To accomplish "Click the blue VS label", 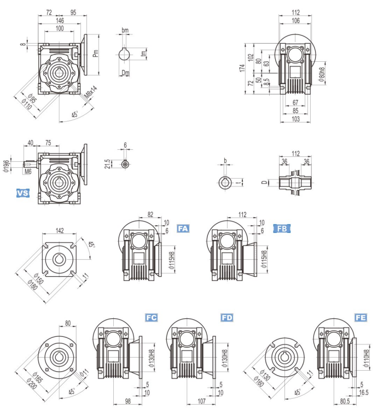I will click(23, 193).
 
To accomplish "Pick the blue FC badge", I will click(152, 317).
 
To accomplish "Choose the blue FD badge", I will click(226, 317).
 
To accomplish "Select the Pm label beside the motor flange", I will click(96, 54).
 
